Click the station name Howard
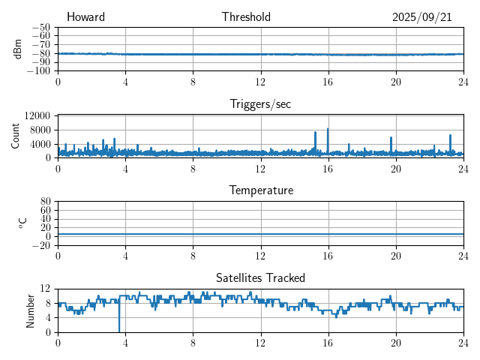point(85,17)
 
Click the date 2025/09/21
point(421,17)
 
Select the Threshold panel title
point(246,17)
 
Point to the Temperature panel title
point(260,190)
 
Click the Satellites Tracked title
point(260,277)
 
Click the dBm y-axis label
point(18,49)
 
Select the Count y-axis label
point(16,136)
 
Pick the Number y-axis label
point(31,310)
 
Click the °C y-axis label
point(22,223)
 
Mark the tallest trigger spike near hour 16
point(328,129)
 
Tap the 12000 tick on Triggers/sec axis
point(37,115)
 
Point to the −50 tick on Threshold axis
point(41,27)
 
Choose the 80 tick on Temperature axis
point(46,202)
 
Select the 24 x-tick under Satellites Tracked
point(463,343)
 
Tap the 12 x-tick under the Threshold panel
point(260,82)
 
